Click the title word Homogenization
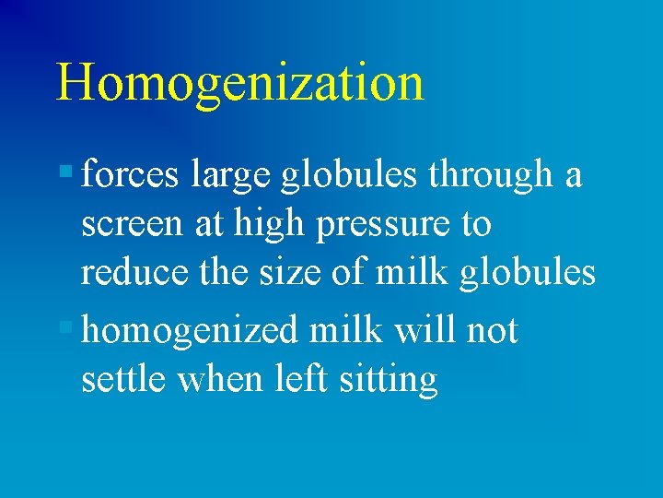239,83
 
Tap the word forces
130,174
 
